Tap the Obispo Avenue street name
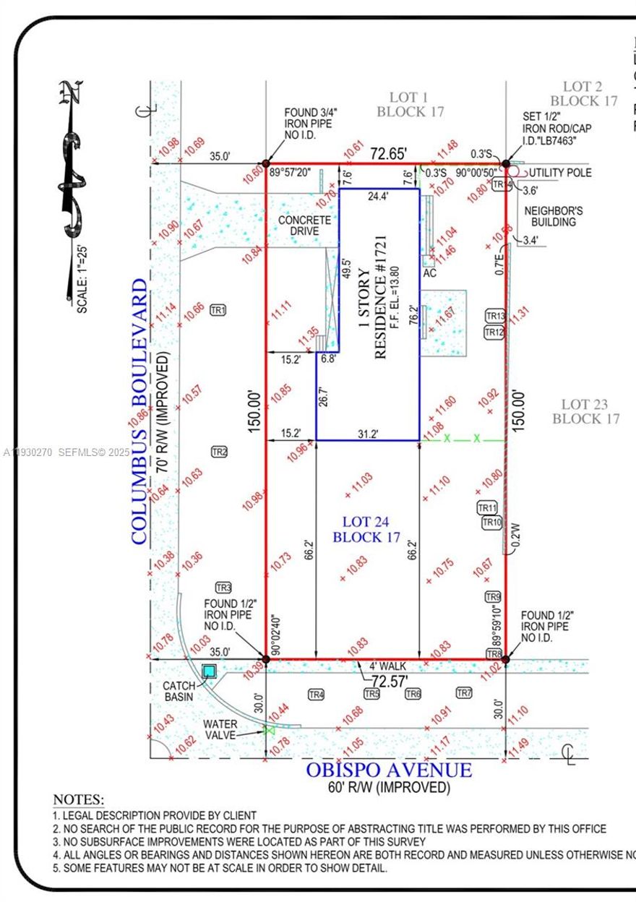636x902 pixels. click(x=389, y=770)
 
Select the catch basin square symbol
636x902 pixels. click(x=210, y=671)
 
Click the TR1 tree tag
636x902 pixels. click(x=218, y=310)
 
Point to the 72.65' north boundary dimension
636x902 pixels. click(x=389, y=154)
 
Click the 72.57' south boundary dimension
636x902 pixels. click(x=384, y=681)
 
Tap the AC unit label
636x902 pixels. click(x=430, y=275)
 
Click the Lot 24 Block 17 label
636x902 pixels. click(x=366, y=529)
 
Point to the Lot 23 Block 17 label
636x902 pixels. click(x=585, y=411)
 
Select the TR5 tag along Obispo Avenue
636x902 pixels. click(x=371, y=695)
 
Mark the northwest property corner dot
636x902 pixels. click(x=266, y=164)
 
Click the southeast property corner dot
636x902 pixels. click(x=505, y=659)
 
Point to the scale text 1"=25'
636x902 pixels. click(x=82, y=278)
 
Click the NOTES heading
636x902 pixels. click(x=78, y=800)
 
